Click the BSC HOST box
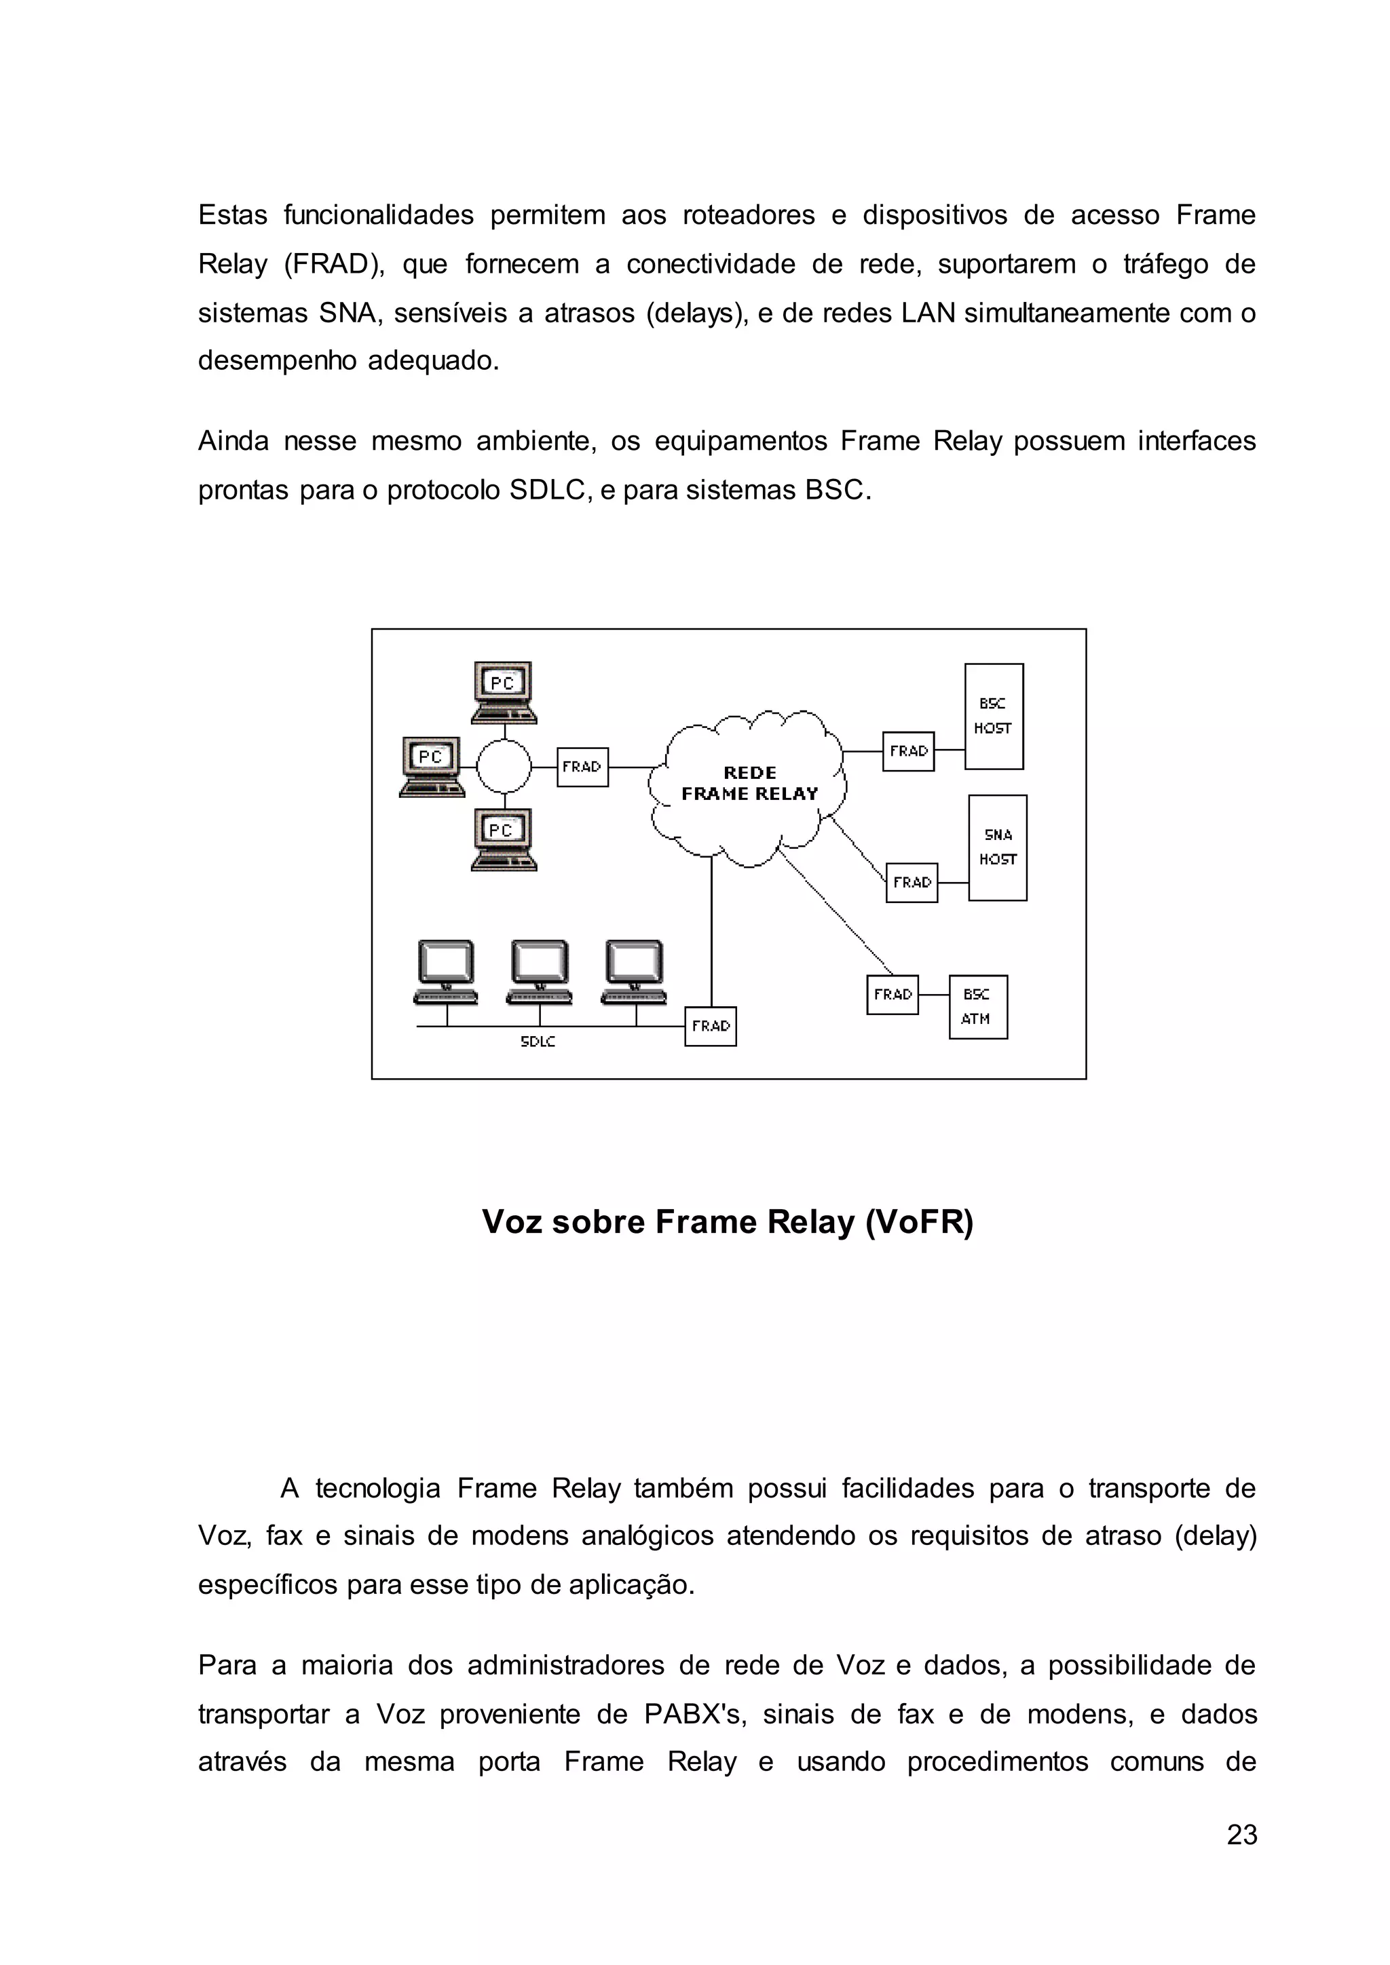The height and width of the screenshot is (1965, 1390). pos(994,717)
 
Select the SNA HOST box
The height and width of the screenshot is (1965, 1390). pos(997,847)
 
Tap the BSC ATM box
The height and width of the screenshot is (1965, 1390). pos(977,1006)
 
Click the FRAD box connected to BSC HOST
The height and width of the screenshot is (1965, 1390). pos(908,751)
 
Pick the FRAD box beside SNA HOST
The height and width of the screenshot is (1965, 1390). pos(912,882)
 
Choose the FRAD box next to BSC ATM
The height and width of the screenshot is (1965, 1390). pos(892,995)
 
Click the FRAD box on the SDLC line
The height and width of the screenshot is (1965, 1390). pos(711,1026)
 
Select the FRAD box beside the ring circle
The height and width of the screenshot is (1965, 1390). pos(582,767)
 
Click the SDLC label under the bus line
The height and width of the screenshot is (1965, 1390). pos(538,1042)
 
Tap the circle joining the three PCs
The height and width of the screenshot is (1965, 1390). pos(504,767)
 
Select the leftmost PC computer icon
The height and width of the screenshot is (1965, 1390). pos(432,766)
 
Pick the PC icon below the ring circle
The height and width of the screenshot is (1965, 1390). pos(504,839)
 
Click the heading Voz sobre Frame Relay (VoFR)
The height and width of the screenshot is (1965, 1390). pos(728,1221)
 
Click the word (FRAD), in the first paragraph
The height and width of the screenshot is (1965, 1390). pos(335,265)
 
